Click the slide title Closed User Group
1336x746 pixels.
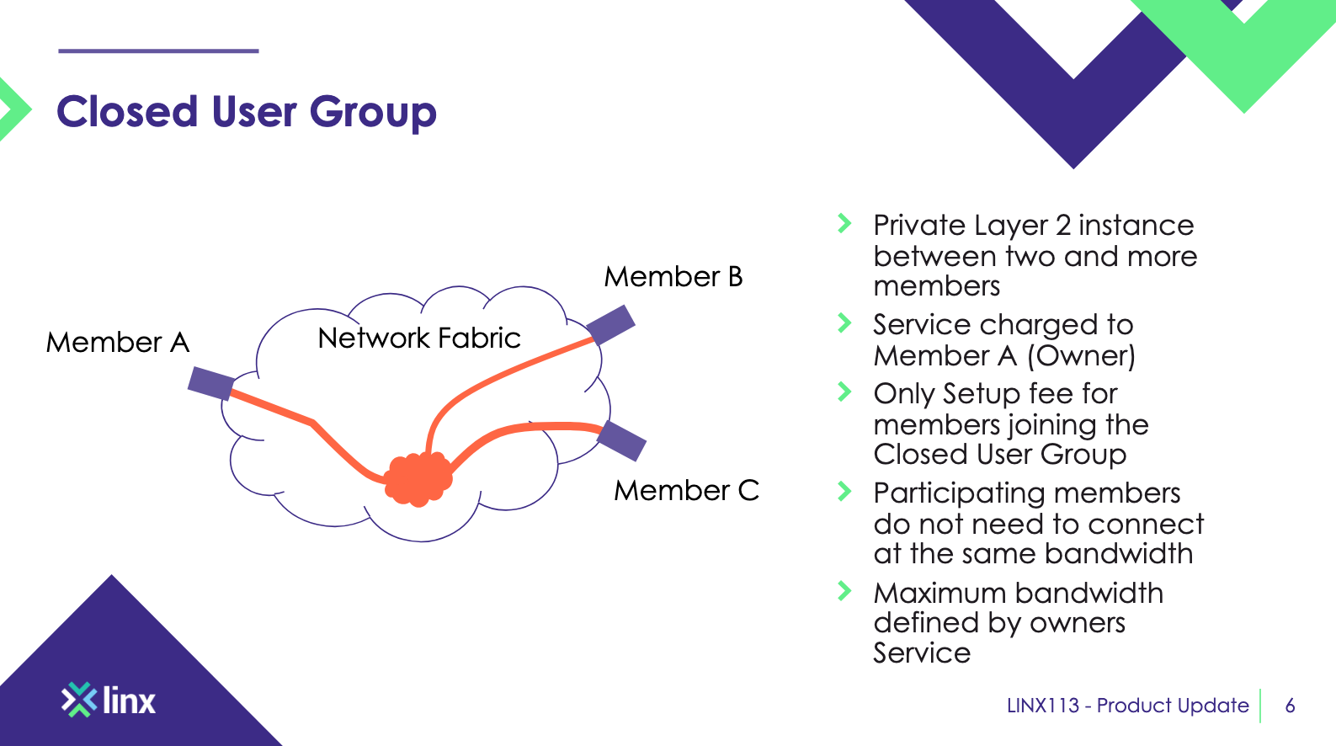(x=246, y=112)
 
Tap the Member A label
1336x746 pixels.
(x=118, y=343)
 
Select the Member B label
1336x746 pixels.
(x=673, y=277)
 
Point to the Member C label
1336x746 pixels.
(x=686, y=490)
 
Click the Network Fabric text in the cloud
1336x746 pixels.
(x=419, y=338)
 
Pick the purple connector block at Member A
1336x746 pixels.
(x=211, y=383)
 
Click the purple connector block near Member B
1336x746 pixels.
(x=611, y=324)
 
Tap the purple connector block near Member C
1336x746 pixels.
(x=621, y=440)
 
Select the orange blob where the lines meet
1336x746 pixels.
(x=418, y=479)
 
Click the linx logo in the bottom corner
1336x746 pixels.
(x=109, y=700)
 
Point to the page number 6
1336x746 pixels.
(x=1290, y=706)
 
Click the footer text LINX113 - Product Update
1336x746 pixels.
(x=1127, y=706)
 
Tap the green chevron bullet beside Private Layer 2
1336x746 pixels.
(x=844, y=224)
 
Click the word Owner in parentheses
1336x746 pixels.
(x=1081, y=356)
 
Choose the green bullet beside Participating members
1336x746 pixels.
(x=844, y=491)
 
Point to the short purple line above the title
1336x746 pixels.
(x=158, y=51)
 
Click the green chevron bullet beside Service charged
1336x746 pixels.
(x=844, y=323)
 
